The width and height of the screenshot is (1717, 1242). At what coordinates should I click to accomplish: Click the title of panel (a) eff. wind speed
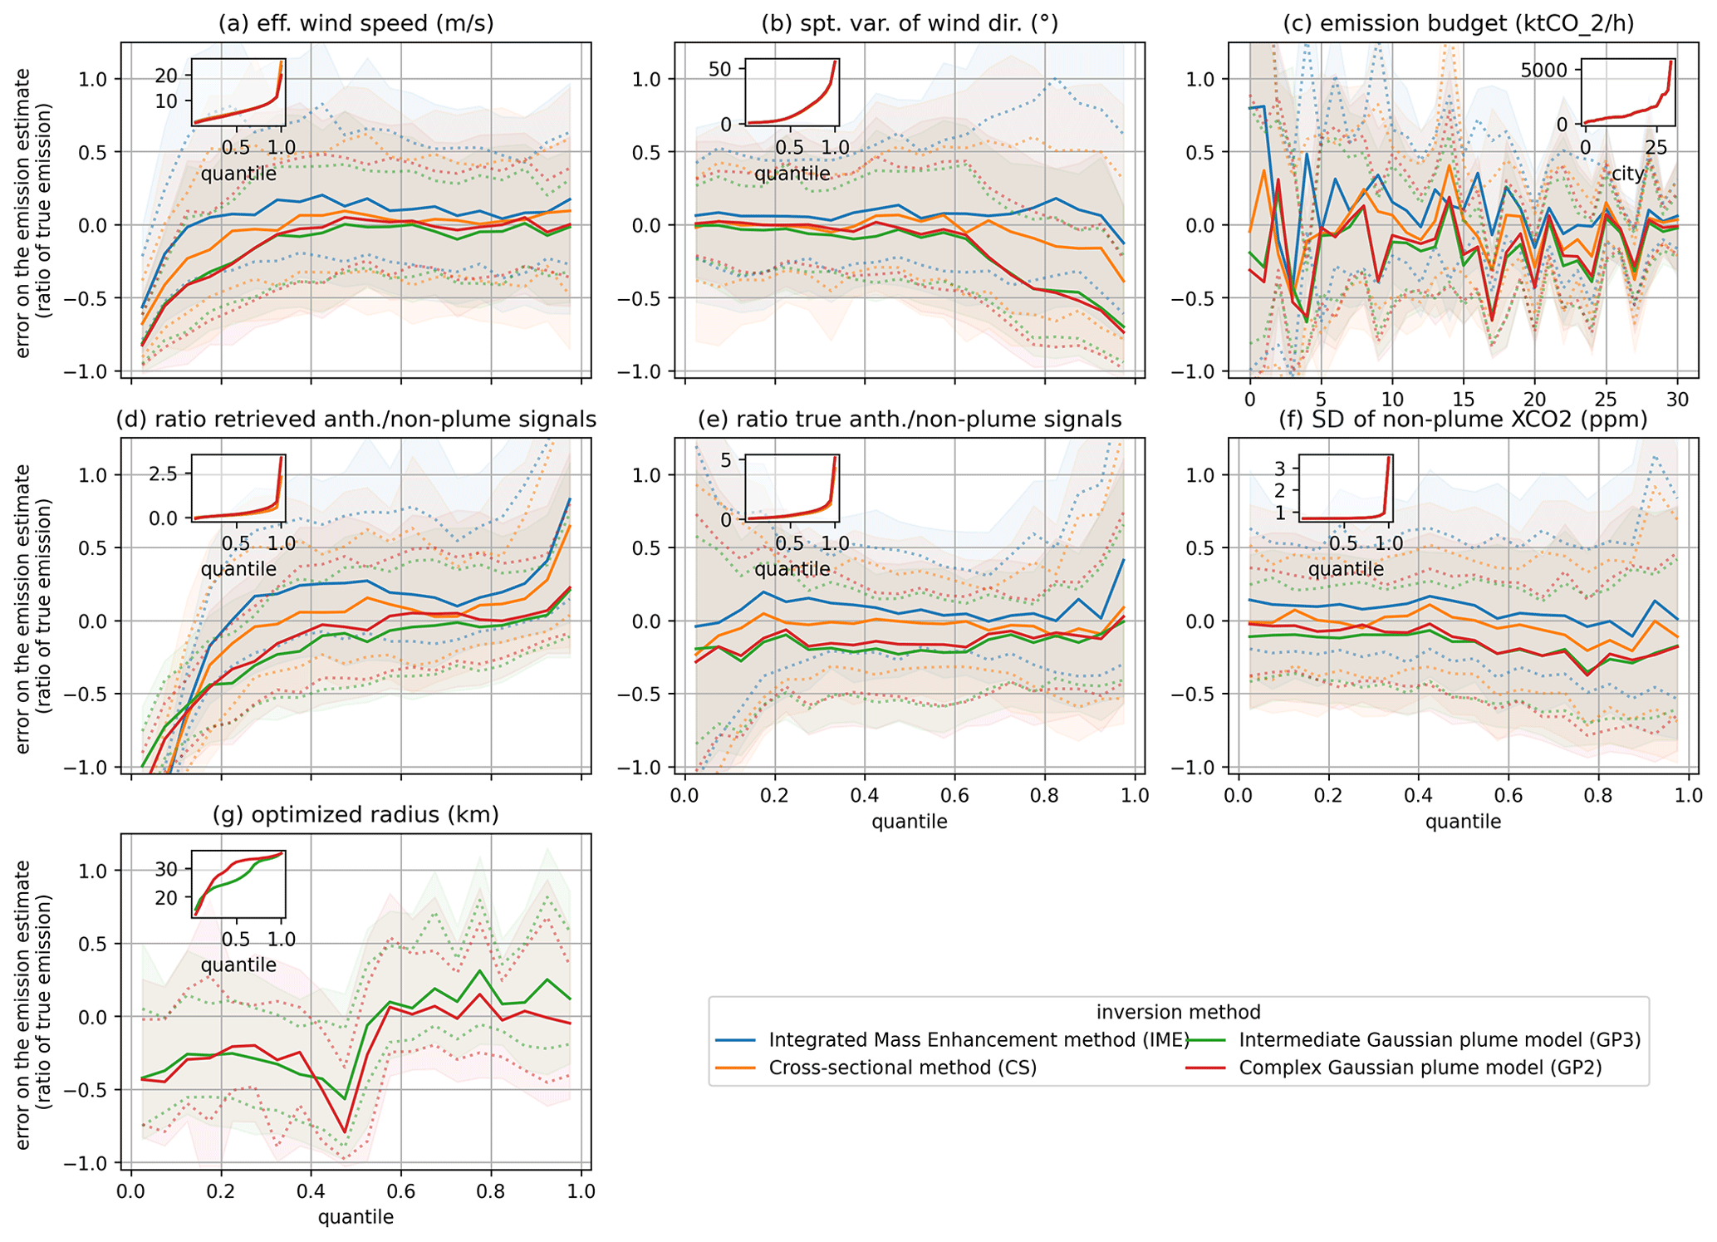click(356, 23)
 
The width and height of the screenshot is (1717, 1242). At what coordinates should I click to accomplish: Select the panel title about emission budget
click(1458, 23)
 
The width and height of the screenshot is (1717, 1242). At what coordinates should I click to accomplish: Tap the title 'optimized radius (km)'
click(356, 815)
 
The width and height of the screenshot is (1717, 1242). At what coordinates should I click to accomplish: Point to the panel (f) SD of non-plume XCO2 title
click(1463, 420)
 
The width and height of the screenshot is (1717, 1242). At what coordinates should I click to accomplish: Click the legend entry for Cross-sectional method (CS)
click(903, 1068)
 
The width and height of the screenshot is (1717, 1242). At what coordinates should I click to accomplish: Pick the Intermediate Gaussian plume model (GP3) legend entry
click(1440, 1040)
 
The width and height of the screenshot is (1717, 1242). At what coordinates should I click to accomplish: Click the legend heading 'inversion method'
click(1178, 1012)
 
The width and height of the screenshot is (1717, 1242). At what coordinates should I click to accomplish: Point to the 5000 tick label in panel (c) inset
click(1543, 70)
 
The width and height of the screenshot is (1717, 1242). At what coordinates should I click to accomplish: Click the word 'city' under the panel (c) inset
click(1627, 174)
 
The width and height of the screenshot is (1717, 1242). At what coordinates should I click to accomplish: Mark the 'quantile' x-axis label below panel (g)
click(356, 1218)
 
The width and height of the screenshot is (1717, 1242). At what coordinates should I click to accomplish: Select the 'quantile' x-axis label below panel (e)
click(909, 822)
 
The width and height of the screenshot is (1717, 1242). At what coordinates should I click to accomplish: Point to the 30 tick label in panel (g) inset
click(166, 870)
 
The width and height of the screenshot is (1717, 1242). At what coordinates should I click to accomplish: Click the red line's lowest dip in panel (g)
click(345, 1132)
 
